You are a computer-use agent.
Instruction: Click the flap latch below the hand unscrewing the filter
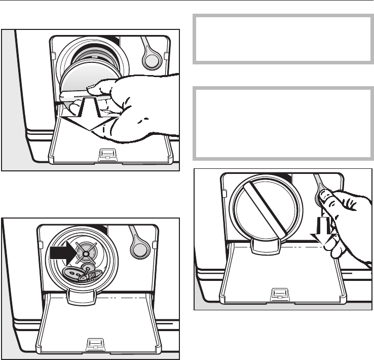(106, 153)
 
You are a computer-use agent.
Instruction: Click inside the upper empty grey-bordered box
(283, 39)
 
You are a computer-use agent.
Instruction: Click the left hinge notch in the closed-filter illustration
(225, 192)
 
